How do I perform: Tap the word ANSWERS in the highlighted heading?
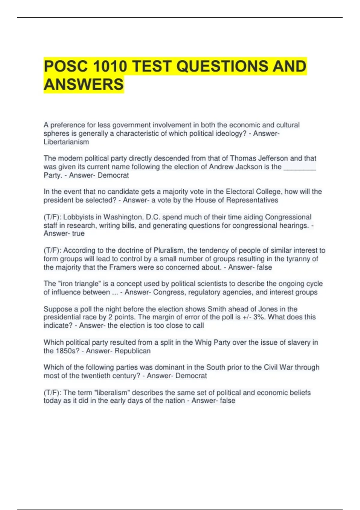[84, 84]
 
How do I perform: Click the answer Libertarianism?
[66, 142]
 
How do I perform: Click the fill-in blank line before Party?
[299, 167]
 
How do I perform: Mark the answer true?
[78, 233]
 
